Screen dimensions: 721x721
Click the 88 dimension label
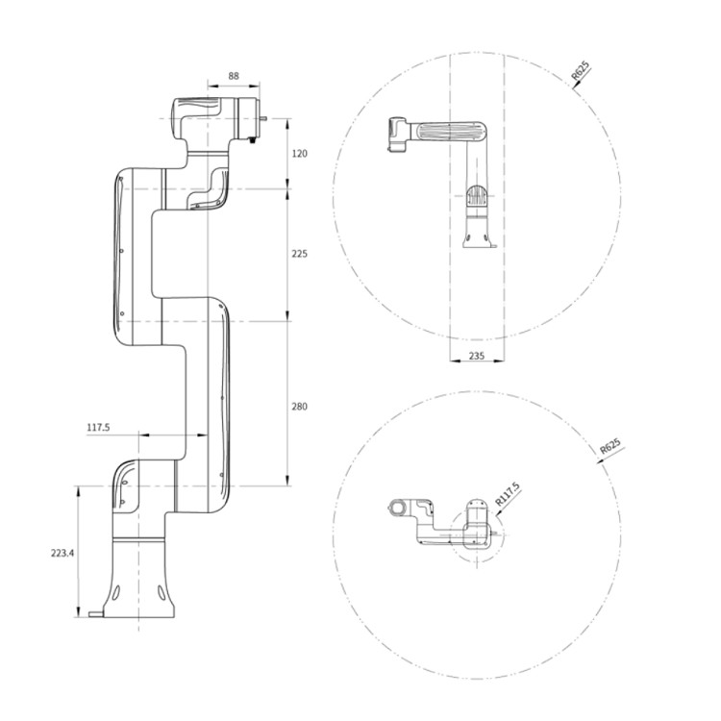234,76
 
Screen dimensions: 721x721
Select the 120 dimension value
299,154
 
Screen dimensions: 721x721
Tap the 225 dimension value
299,254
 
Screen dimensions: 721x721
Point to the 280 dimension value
299,407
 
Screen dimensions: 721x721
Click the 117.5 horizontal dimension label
98,427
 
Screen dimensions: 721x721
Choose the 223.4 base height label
62,553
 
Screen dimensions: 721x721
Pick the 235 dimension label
477,356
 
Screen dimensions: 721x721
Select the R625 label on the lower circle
610,446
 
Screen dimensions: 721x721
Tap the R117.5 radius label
508,494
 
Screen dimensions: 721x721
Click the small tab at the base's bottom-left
96,613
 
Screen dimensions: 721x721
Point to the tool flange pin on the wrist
263,118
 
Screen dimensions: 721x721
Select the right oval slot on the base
161,592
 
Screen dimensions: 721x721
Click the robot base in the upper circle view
479,233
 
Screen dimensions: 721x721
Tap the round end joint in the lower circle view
397,508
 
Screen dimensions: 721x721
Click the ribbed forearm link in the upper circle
451,132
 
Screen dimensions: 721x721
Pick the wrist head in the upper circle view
398,134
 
